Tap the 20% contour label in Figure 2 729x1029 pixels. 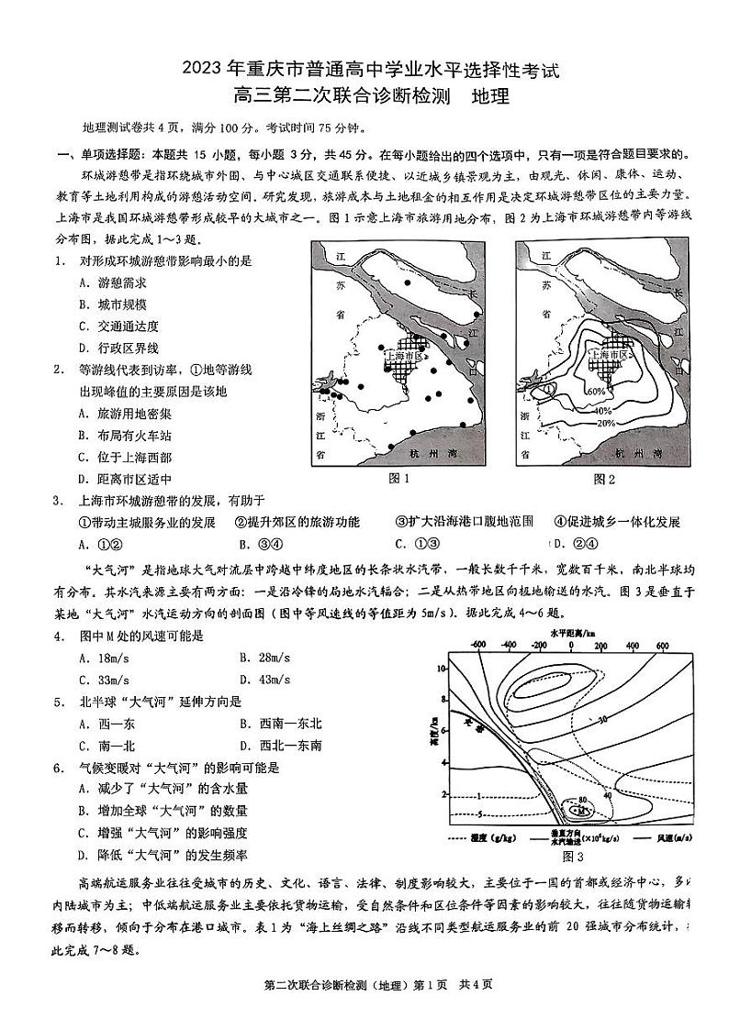point(604,423)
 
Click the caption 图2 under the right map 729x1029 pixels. point(604,479)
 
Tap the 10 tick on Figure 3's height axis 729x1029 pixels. point(441,669)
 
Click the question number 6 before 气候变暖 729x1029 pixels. point(58,768)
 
